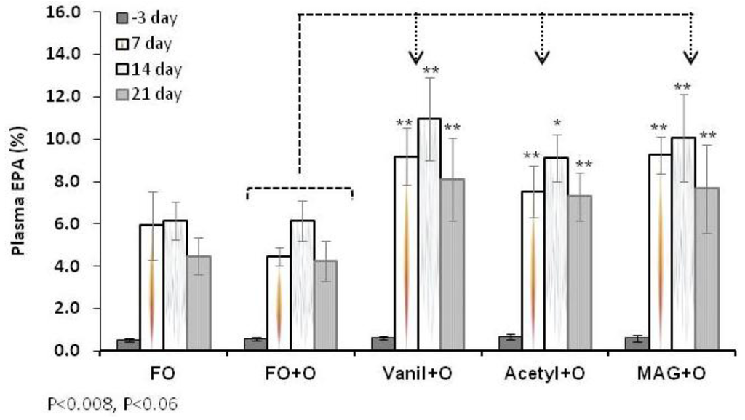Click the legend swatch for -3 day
coord(122,17)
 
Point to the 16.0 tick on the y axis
coord(64,12)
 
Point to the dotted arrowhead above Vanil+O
coord(417,56)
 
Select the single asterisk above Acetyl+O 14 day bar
coord(557,123)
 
